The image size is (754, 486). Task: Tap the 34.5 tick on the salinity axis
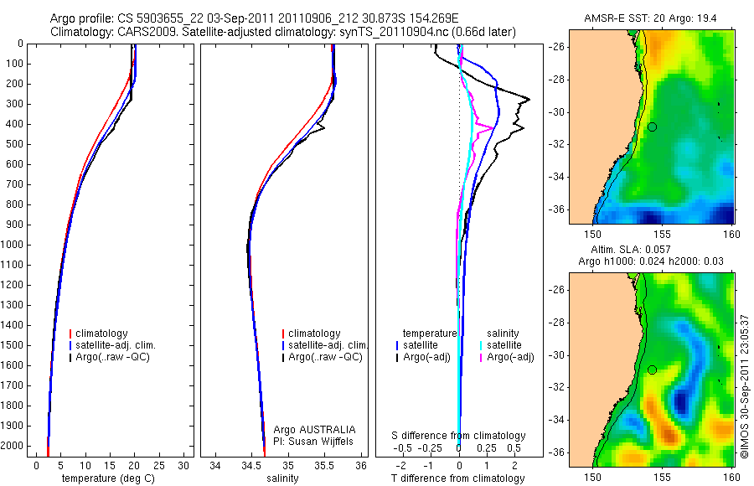coord(250,464)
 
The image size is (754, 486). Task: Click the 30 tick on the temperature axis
coord(184,464)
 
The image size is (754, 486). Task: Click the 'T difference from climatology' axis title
coord(457,478)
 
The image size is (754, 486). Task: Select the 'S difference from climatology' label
coord(458,436)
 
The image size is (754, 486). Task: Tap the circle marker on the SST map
coord(652,127)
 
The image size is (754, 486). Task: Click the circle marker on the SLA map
coord(652,370)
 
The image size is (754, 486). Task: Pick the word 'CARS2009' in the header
coord(140,31)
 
